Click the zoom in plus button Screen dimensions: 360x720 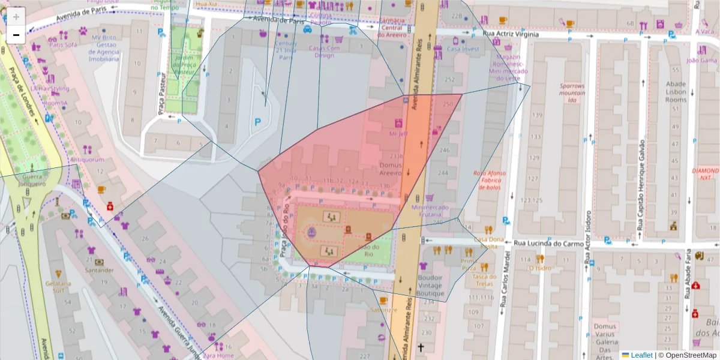point(16,16)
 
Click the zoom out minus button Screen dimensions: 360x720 point(16,35)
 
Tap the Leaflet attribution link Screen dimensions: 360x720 point(641,355)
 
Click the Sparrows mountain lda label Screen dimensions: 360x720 point(572,93)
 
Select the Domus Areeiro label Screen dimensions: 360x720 point(394,169)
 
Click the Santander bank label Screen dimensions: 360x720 point(100,271)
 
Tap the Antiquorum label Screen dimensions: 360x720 point(88,160)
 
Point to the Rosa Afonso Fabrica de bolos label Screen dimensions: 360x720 point(490,180)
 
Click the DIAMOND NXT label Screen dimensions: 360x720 point(706,174)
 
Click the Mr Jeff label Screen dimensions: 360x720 point(398,134)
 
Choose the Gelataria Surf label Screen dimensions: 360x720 point(58,287)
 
